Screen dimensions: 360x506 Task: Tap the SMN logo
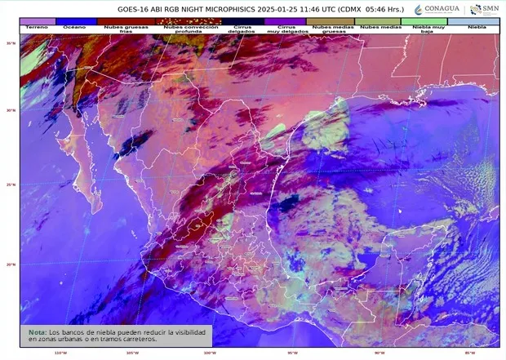tap(484, 10)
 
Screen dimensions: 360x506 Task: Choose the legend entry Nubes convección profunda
tap(184, 29)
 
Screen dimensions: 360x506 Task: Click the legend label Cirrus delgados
tap(242, 29)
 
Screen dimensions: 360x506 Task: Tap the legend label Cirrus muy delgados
tap(286, 29)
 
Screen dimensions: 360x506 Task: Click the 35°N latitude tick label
tap(11, 43)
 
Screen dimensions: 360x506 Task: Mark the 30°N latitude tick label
tap(11, 110)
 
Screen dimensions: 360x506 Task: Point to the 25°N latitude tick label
tap(11, 184)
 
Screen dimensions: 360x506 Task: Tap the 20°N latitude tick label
tap(11, 264)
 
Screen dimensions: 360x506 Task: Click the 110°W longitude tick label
tap(60, 353)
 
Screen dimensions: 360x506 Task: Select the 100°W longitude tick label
tap(210, 353)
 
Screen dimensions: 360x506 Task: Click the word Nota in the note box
tap(37, 332)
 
